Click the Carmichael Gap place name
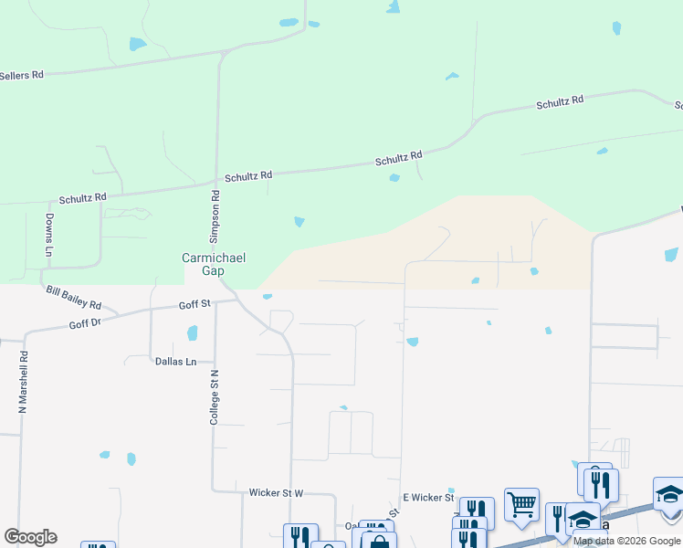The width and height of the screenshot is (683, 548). coord(214,265)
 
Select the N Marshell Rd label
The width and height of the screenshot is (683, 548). coord(23,385)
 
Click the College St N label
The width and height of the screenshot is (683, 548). coord(215,396)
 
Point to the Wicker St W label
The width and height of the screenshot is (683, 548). coord(276,492)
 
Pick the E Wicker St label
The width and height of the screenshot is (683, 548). coord(428,497)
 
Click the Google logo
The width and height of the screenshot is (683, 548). coord(30,537)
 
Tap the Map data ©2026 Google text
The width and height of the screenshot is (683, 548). coord(627,542)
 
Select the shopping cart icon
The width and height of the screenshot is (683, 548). coord(521,504)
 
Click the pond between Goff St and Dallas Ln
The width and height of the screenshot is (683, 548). coord(192,333)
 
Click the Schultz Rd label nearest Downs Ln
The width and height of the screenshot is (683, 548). coord(83,197)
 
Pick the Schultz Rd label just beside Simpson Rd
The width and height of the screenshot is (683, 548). coord(248,175)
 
